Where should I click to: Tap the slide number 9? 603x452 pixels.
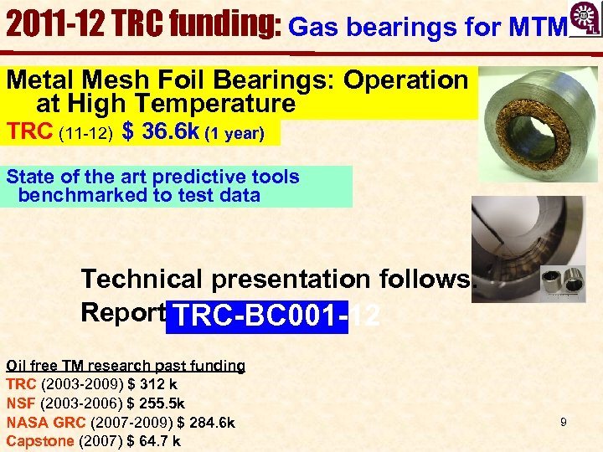point(564,422)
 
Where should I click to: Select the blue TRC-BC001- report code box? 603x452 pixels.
point(256,316)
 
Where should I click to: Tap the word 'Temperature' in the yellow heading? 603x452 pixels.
point(224,104)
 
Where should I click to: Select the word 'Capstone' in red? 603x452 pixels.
point(40,441)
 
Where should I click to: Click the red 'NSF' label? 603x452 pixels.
point(21,403)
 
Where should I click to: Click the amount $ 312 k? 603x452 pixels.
point(150,385)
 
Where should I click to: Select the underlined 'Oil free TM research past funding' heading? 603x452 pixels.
point(126,366)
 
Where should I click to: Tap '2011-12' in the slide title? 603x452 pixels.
point(50,25)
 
